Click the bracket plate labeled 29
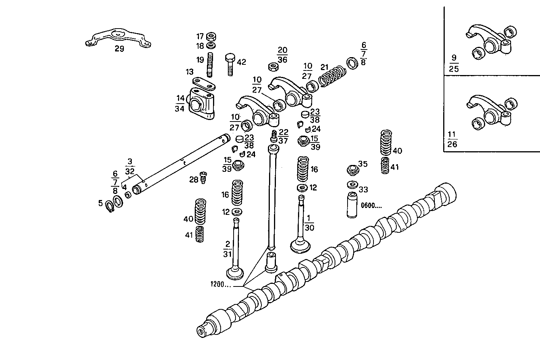[118, 38]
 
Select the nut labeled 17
[211, 37]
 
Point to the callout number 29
[119, 49]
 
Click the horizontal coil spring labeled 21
[332, 76]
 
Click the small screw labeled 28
[203, 177]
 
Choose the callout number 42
[242, 62]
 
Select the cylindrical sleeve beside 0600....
[352, 205]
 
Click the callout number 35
[363, 164]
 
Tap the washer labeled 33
[352, 186]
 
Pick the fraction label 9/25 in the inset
[453, 63]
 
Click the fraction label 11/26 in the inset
[452, 139]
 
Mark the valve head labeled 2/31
[235, 273]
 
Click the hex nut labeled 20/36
[273, 67]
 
